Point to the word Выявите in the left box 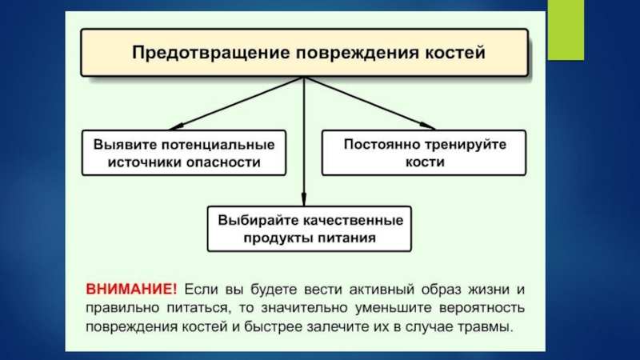pyautogui.click(x=121, y=145)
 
